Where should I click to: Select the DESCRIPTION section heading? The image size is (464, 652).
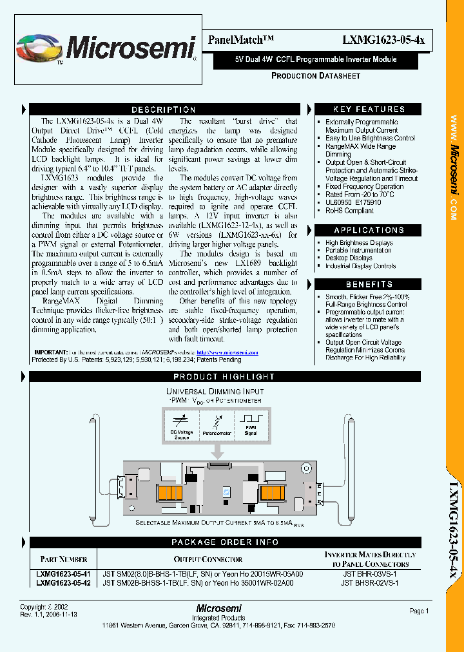[x=164, y=110]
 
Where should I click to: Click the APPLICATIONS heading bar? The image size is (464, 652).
[x=369, y=230]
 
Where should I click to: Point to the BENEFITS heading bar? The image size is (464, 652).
[x=369, y=284]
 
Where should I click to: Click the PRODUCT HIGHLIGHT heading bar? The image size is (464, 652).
[x=224, y=377]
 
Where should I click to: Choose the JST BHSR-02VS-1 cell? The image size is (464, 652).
[x=371, y=582]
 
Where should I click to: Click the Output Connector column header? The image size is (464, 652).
[x=208, y=559]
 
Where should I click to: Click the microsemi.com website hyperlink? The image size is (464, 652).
[x=227, y=353]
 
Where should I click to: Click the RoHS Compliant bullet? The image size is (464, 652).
[x=349, y=210]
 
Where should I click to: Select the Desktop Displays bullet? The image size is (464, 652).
[x=349, y=258]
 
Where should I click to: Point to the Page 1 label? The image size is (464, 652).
[x=419, y=611]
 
